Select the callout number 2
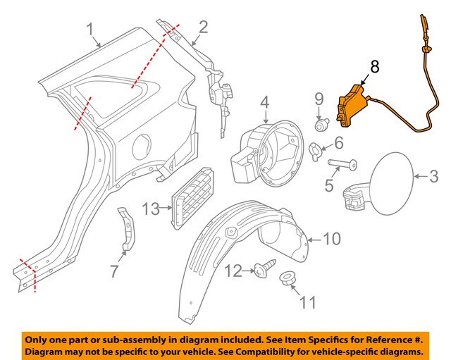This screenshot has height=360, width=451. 203,27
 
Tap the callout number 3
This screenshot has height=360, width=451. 434,174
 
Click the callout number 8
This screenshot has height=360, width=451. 374,68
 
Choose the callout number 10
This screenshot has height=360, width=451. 331,240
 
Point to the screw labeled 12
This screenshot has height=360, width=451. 267,268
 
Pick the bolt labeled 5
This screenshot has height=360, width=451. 342,167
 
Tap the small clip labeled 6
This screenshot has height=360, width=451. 318,148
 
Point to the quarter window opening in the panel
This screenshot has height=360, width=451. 109,99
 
